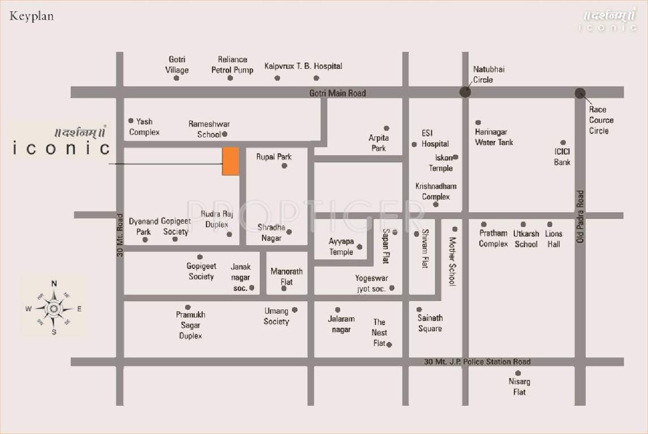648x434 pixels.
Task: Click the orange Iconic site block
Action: [x=230, y=161]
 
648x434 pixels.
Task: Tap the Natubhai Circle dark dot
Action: [x=465, y=92]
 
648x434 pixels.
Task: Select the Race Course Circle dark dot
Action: [x=580, y=93]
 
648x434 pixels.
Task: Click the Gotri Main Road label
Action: [x=338, y=93]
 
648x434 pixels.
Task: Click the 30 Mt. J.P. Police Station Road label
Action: [x=477, y=362]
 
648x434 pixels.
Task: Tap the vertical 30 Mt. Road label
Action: [x=120, y=235]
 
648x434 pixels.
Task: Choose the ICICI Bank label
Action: [x=562, y=157]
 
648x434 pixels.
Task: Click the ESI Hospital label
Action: [x=435, y=138]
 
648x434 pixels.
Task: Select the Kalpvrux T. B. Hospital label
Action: [x=303, y=66]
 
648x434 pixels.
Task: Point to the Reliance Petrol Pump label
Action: [x=232, y=64]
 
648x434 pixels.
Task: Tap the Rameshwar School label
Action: [x=209, y=129]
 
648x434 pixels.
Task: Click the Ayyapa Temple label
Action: [x=341, y=246]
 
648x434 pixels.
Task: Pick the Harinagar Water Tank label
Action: [x=494, y=137]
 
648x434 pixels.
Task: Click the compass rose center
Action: [x=54, y=309]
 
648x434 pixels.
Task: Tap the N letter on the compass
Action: [x=54, y=284]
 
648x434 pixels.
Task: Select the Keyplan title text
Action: [x=32, y=16]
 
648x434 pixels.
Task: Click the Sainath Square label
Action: [x=430, y=323]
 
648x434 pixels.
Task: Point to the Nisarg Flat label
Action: [x=519, y=387]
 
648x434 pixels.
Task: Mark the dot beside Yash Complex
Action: [x=131, y=120]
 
